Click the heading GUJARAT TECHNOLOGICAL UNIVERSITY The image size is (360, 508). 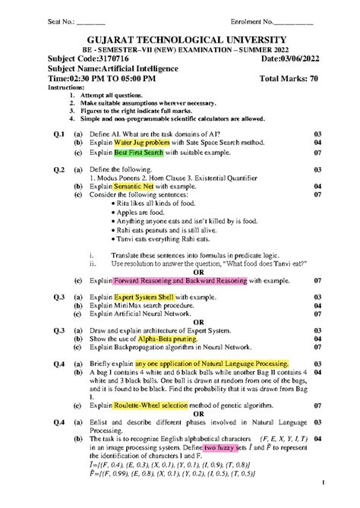click(180, 40)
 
